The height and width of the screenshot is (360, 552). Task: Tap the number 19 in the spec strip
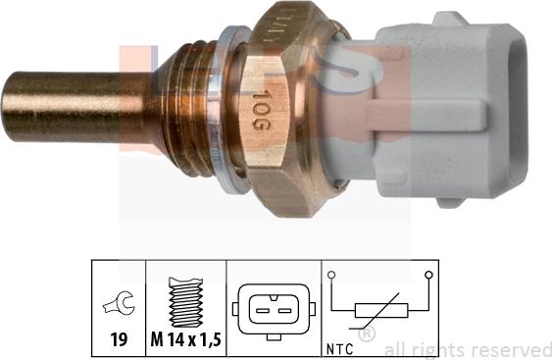coord(117,342)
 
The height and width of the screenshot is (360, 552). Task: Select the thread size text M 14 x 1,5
coord(186,342)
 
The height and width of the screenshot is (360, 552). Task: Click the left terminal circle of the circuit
coord(332,276)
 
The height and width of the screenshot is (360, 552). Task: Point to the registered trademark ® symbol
coord(367,334)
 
